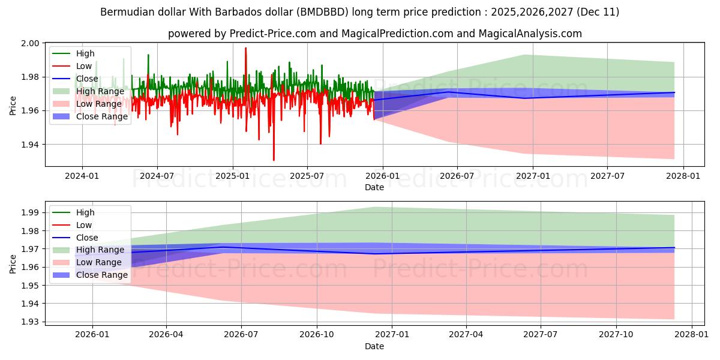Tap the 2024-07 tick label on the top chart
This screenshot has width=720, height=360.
[157, 176]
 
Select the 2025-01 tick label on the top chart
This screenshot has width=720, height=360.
[232, 176]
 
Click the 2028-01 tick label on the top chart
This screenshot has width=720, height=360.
[683, 176]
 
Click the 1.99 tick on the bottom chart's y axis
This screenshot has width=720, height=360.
[31, 212]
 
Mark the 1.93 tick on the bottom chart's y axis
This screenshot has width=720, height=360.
[31, 322]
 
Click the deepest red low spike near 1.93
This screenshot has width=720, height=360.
[274, 160]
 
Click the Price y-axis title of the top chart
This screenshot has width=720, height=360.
[13, 105]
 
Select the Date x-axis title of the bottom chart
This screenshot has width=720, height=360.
[374, 346]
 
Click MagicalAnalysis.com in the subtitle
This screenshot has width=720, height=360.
[530, 34]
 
